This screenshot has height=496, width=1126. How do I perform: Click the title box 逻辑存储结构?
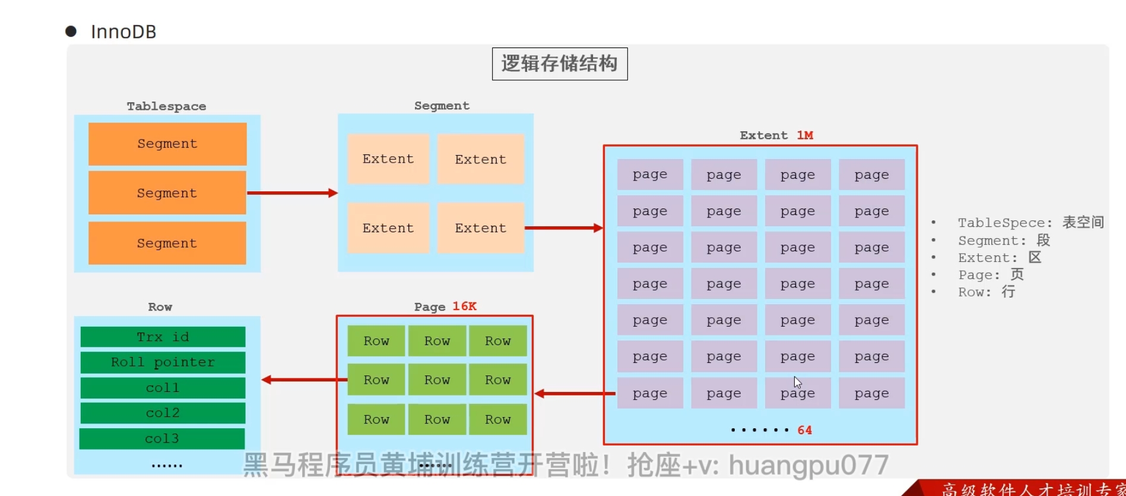(559, 64)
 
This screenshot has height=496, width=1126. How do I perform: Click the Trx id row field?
(163, 337)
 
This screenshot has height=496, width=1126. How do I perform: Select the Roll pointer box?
(163, 362)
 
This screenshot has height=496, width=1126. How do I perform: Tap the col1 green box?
(163, 388)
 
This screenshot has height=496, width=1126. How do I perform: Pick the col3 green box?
(162, 438)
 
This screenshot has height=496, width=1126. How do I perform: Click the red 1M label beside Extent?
(805, 135)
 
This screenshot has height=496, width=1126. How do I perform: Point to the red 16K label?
(464, 307)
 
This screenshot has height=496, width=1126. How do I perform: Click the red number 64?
(804, 430)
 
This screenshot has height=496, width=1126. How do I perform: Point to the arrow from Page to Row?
(304, 380)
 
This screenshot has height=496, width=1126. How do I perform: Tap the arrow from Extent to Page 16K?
(575, 393)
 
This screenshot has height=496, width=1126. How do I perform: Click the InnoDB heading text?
(123, 31)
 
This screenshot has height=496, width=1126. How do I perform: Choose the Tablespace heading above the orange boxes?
(166, 106)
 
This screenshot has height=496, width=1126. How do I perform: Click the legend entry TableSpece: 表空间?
(1030, 223)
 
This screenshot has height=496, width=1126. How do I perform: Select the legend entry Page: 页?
(990, 275)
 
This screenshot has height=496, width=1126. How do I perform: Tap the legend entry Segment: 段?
(1004, 241)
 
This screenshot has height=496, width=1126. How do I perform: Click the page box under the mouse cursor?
(798, 393)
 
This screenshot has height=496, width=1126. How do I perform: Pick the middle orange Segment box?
(167, 193)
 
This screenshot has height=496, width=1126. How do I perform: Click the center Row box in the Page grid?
(437, 380)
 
